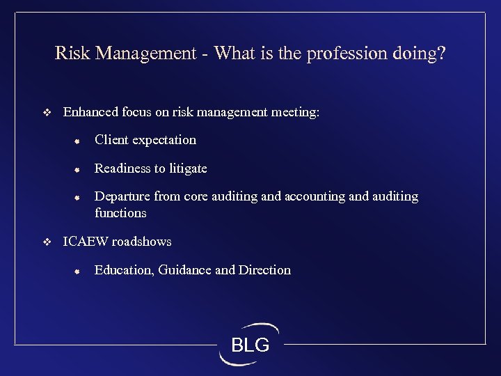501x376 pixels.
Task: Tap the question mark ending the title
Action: coord(440,54)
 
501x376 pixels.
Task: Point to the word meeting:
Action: coord(295,111)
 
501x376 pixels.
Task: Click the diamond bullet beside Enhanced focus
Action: coord(47,112)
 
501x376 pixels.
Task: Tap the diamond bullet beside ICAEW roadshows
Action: coord(47,242)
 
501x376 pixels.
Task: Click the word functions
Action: coord(120,213)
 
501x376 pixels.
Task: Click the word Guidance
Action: coord(185,270)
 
